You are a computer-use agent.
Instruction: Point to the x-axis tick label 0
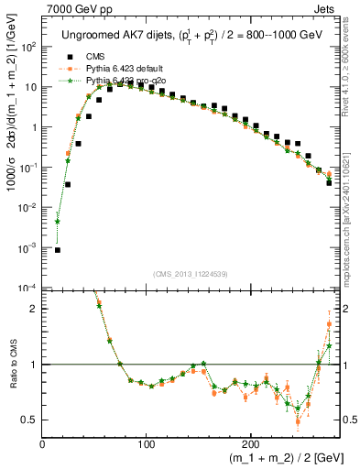tap(43, 443)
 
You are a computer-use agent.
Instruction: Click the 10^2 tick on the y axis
tap(28, 47)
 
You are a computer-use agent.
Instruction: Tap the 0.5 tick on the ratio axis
tap(30, 420)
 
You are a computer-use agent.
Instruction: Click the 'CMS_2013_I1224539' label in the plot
tap(190, 273)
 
